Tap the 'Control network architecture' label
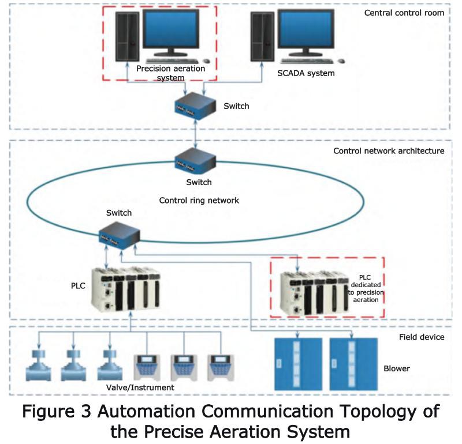389,151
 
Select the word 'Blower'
397,368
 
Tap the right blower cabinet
353,363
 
